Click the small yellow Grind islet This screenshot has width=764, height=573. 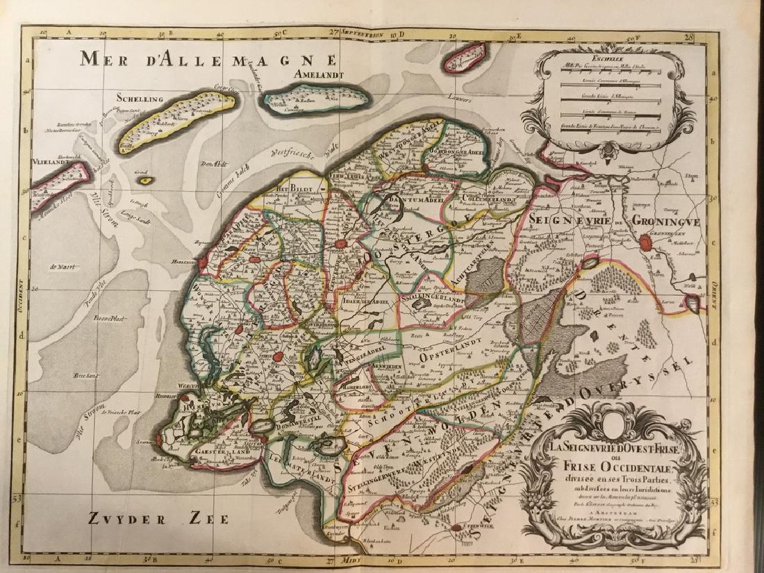point(145,180)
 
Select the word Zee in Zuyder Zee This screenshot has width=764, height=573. point(202,517)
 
